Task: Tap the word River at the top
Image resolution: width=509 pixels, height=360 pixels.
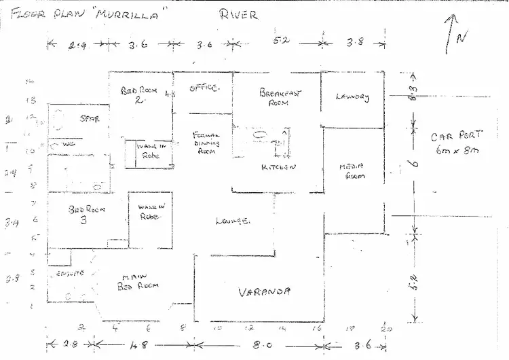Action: pos(238,14)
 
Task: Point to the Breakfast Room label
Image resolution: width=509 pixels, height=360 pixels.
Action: pos(280,98)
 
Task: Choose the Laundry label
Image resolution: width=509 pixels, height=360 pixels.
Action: pos(352,97)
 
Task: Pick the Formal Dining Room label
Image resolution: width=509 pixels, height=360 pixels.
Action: pos(204,143)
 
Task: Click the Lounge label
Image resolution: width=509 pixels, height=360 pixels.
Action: pos(233,220)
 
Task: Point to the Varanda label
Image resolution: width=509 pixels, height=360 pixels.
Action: pos(265,292)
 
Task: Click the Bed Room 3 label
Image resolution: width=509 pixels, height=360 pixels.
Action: pos(86,214)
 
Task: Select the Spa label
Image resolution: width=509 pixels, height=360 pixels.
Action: pos(89,119)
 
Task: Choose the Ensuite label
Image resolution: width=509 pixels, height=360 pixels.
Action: pos(71,274)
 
